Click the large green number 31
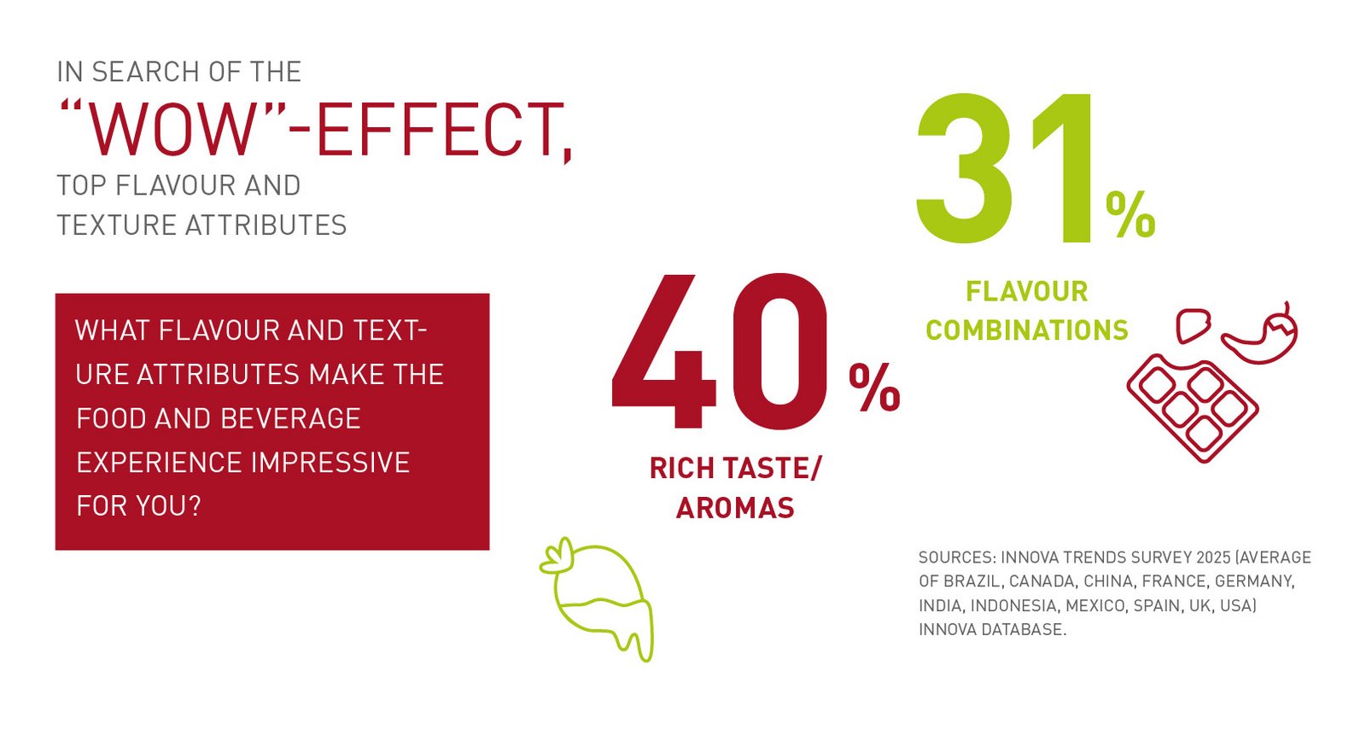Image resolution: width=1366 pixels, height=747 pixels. coord(1004,169)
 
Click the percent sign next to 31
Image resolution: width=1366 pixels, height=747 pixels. coord(1130,213)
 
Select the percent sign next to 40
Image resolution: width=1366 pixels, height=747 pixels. coord(874,388)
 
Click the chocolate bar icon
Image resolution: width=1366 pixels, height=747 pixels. coord(1192,411)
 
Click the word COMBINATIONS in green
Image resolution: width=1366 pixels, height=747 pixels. coord(1027,330)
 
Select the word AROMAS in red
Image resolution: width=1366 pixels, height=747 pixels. coord(735,508)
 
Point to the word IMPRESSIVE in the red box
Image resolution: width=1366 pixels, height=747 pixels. coord(330,463)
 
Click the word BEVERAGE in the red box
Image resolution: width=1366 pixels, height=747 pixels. coord(290,419)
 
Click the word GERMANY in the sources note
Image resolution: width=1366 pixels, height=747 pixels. coord(1254,581)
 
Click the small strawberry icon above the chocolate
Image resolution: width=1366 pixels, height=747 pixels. coord(1194,326)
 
